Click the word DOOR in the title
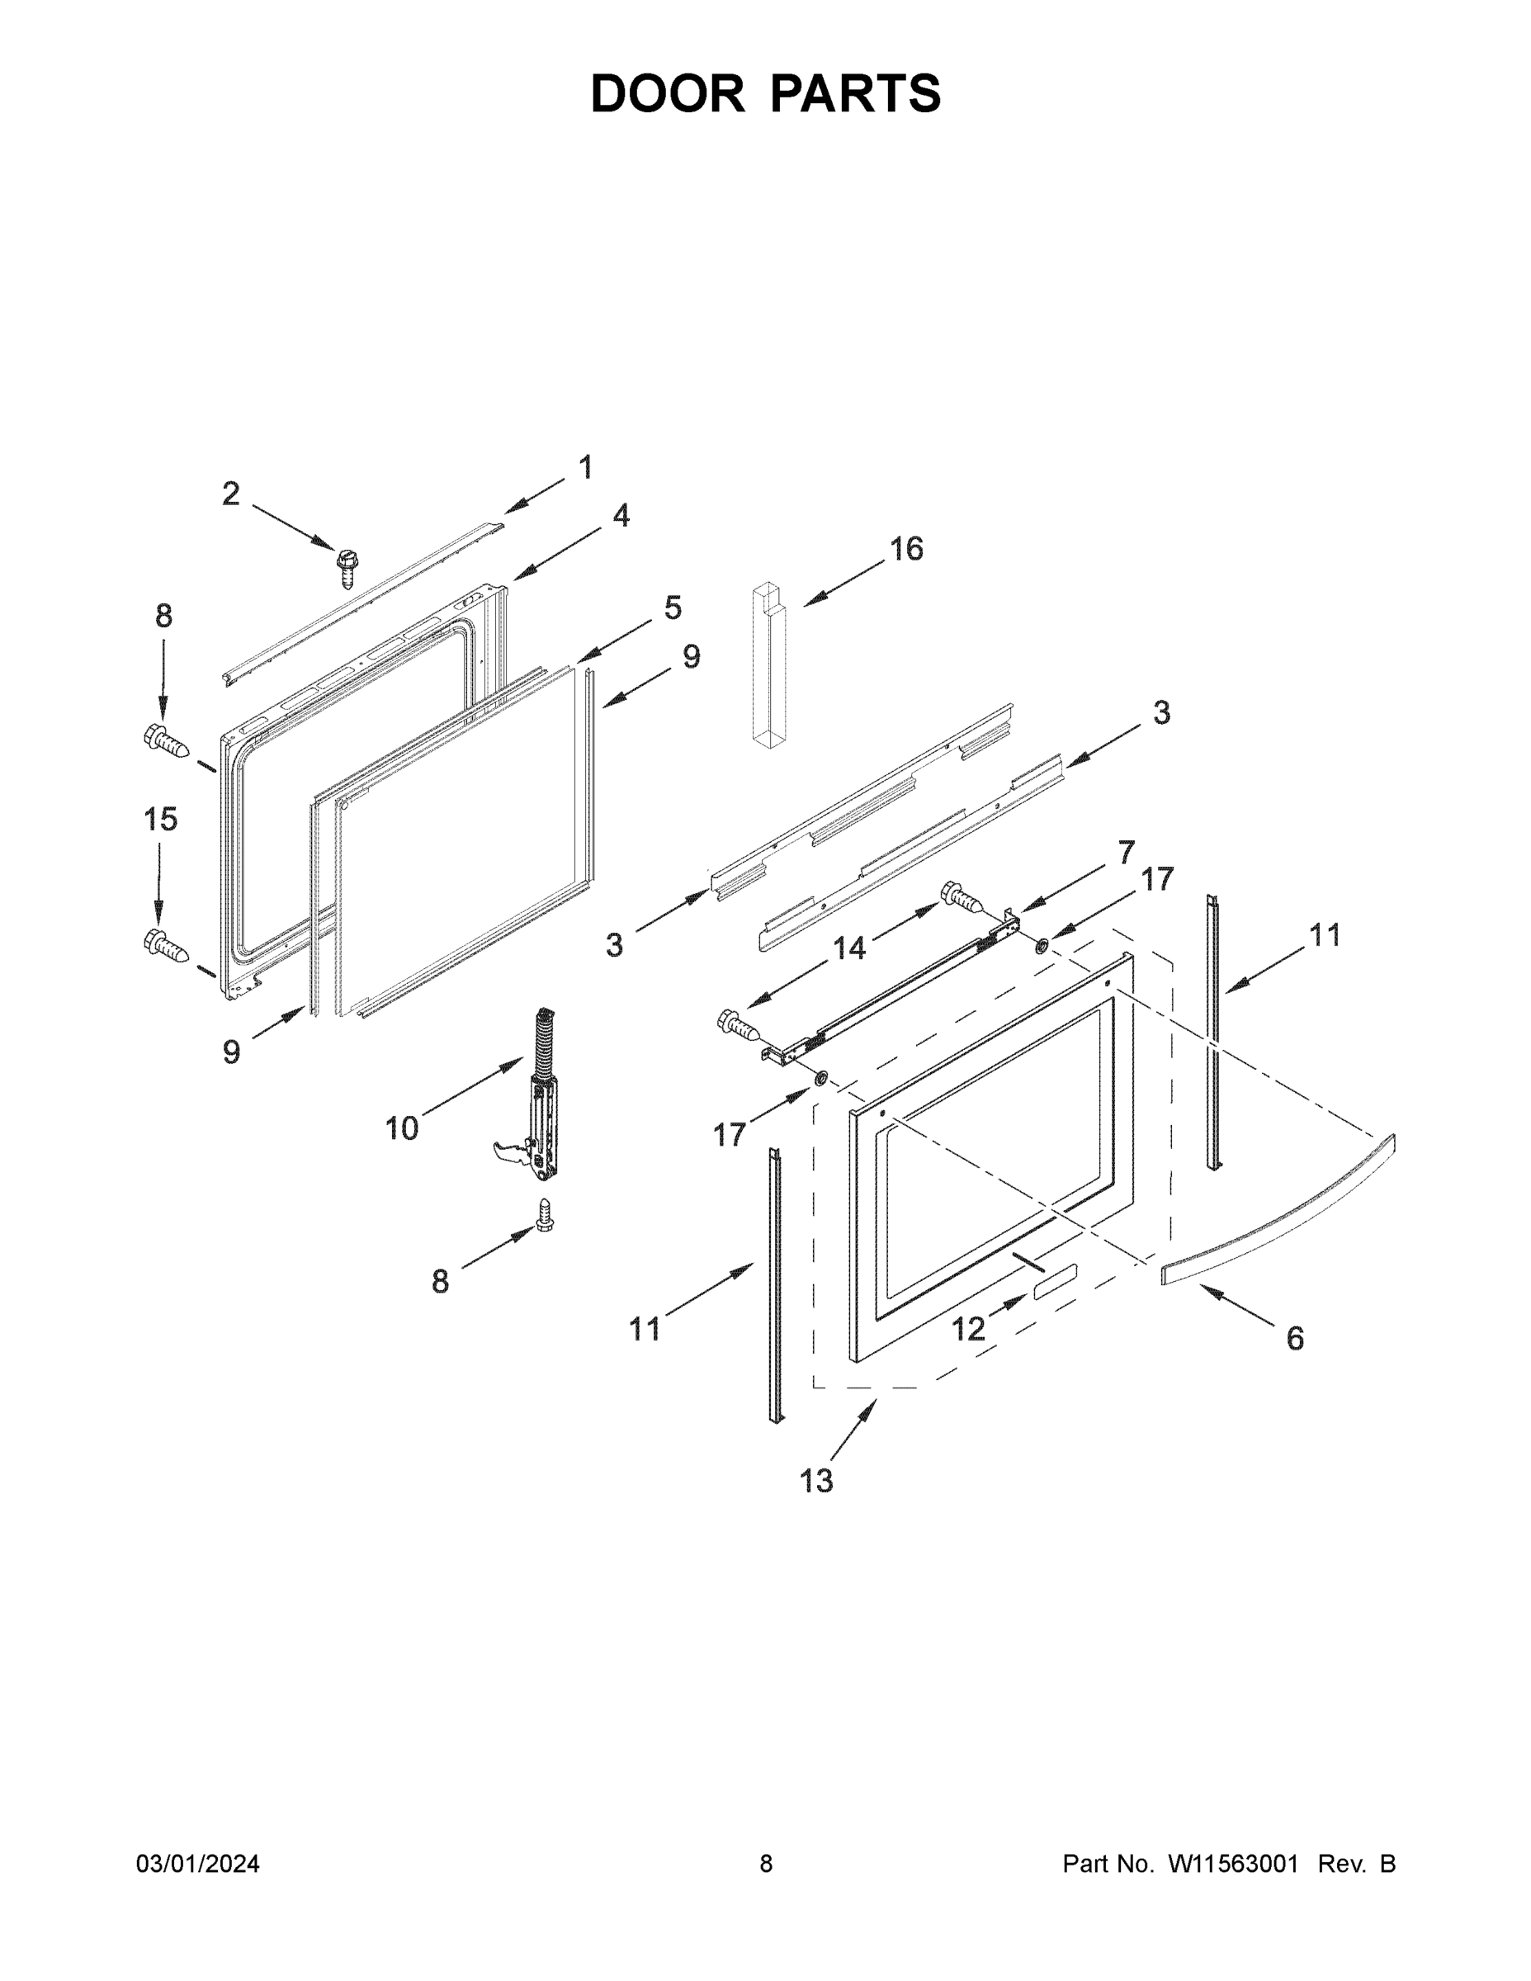pos(668,93)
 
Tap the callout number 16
pos(905,549)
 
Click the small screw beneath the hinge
pos(545,1214)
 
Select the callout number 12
pos(968,1330)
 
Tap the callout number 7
pos(1126,853)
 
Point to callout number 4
pos(621,516)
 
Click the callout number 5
pos(672,608)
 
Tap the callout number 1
pos(586,468)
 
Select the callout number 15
pos(161,819)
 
